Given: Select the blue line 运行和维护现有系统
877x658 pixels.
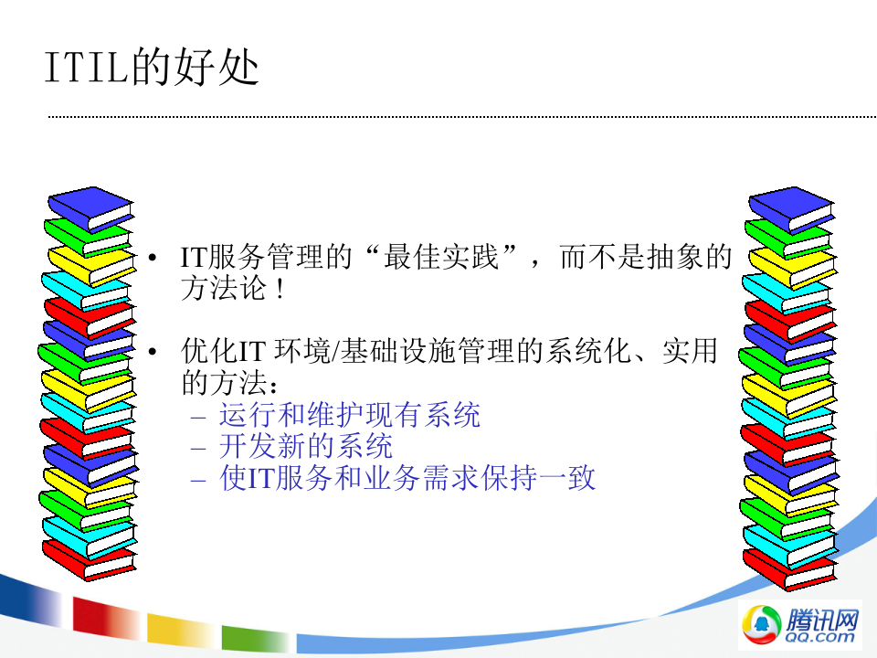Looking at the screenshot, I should click(349, 416).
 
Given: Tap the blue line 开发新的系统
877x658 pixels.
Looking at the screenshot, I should click(306, 447).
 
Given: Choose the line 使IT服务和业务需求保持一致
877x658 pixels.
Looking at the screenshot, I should click(407, 478).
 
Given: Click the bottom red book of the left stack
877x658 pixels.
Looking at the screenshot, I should click(89, 559).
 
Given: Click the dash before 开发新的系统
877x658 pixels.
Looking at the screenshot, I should click(201, 449).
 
